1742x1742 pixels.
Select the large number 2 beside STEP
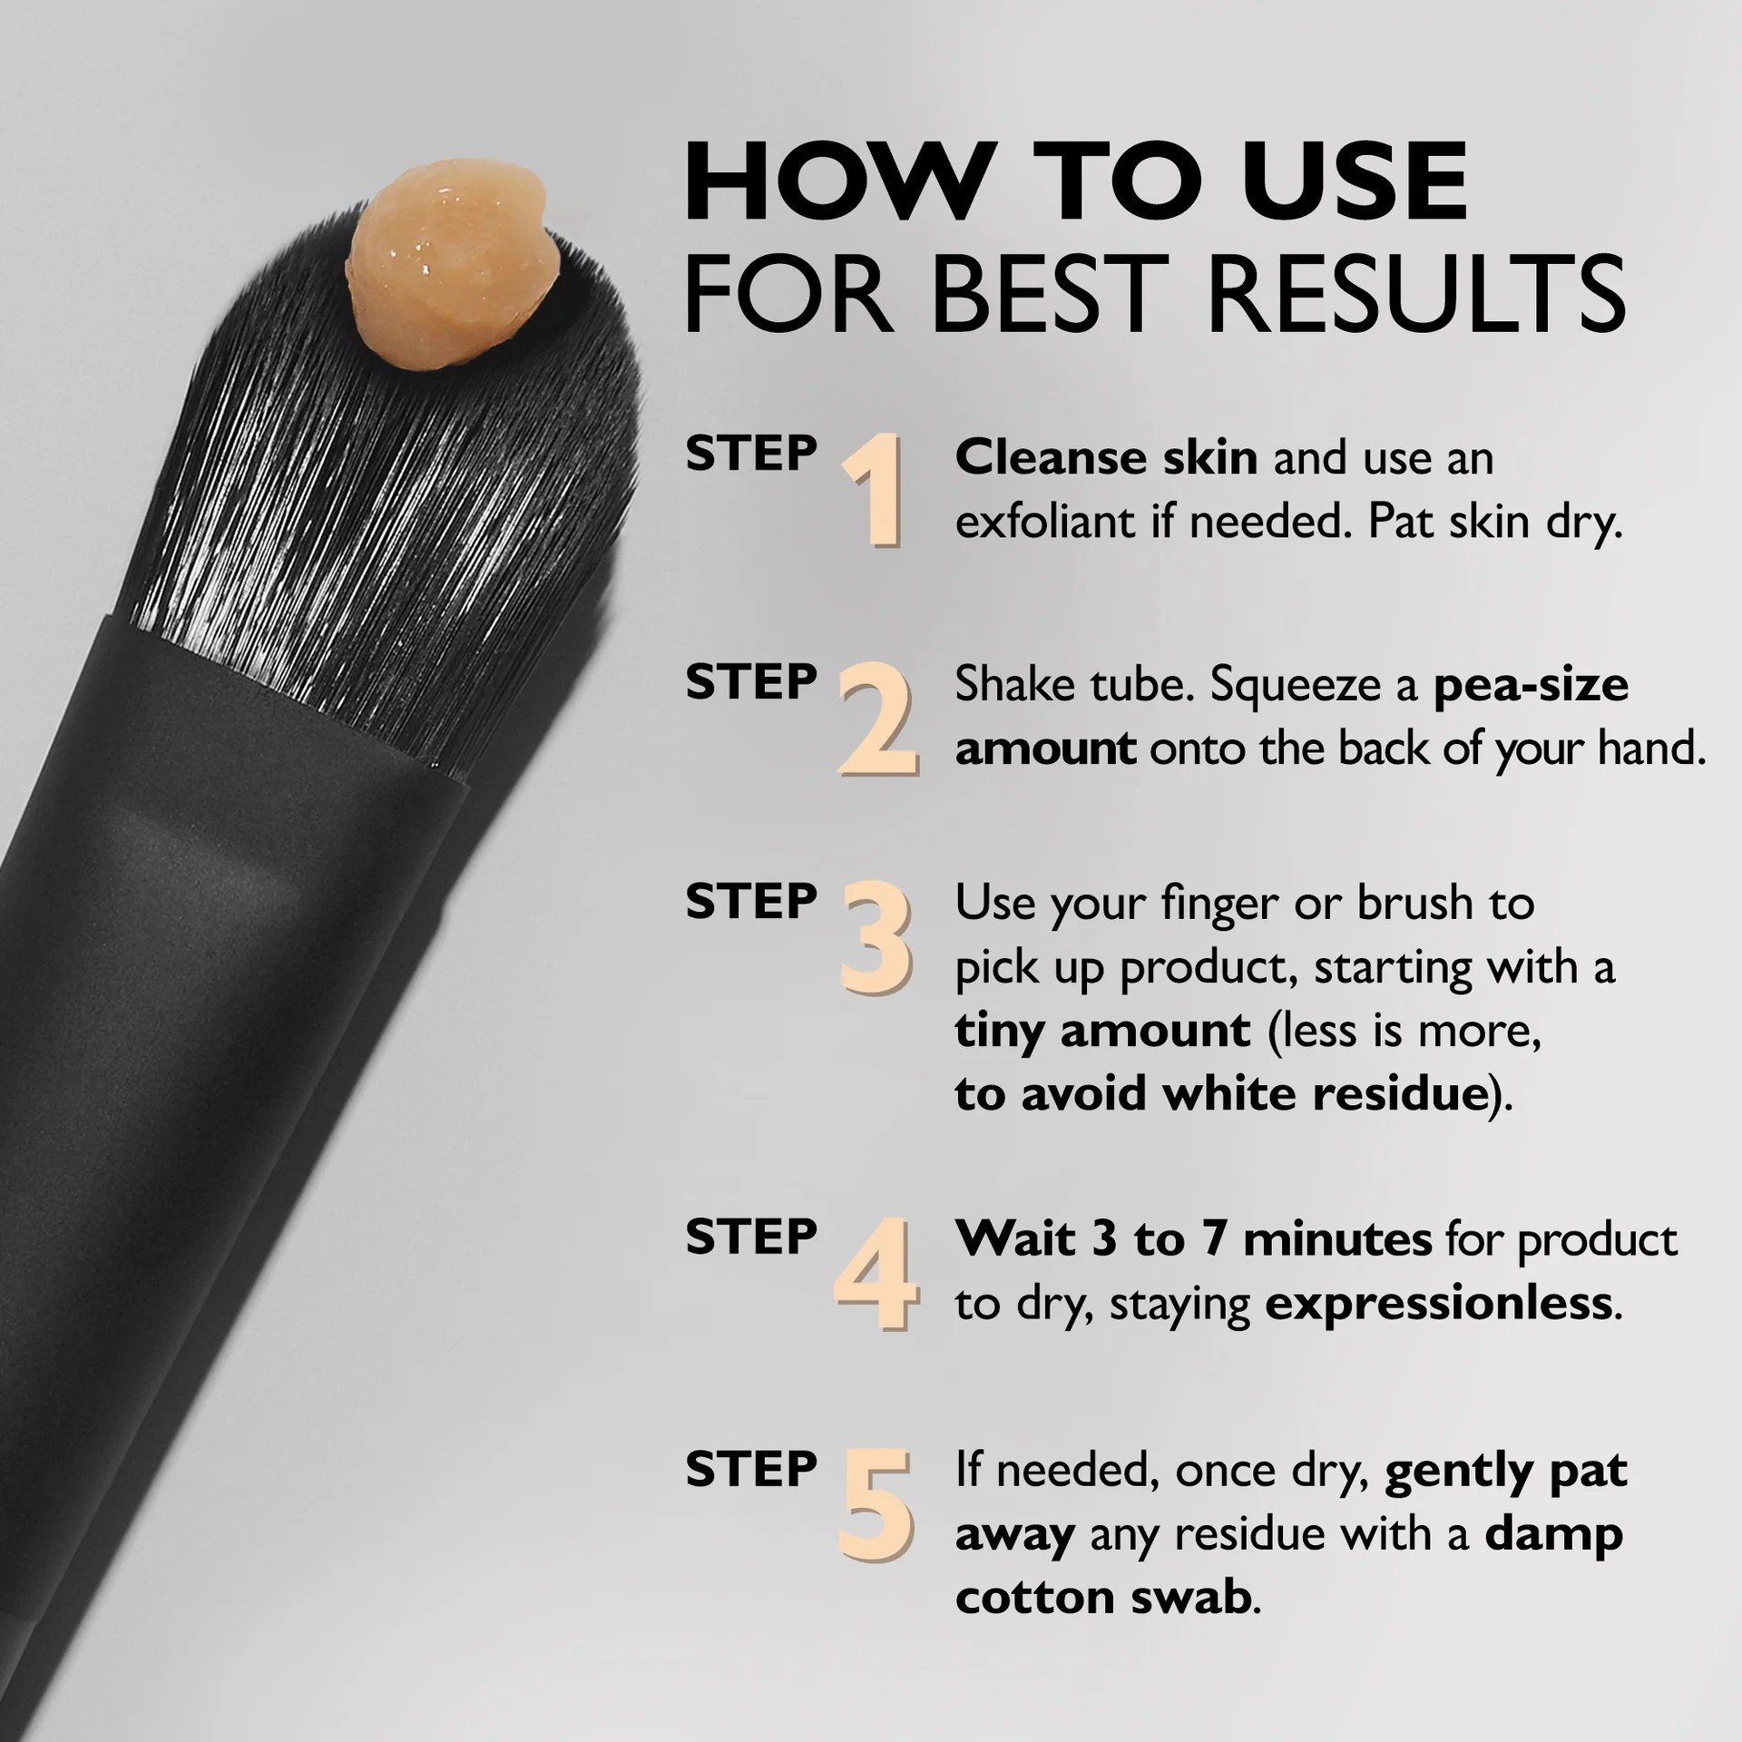click(x=876, y=719)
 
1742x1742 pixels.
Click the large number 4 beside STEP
click(x=875, y=1274)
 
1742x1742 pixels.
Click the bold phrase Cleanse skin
click(x=1105, y=457)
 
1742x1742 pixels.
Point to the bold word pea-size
click(x=1531, y=684)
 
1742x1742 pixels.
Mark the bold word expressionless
click(x=1438, y=1304)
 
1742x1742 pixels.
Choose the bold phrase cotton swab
click(x=1103, y=1597)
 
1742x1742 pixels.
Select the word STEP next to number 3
click(x=750, y=902)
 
